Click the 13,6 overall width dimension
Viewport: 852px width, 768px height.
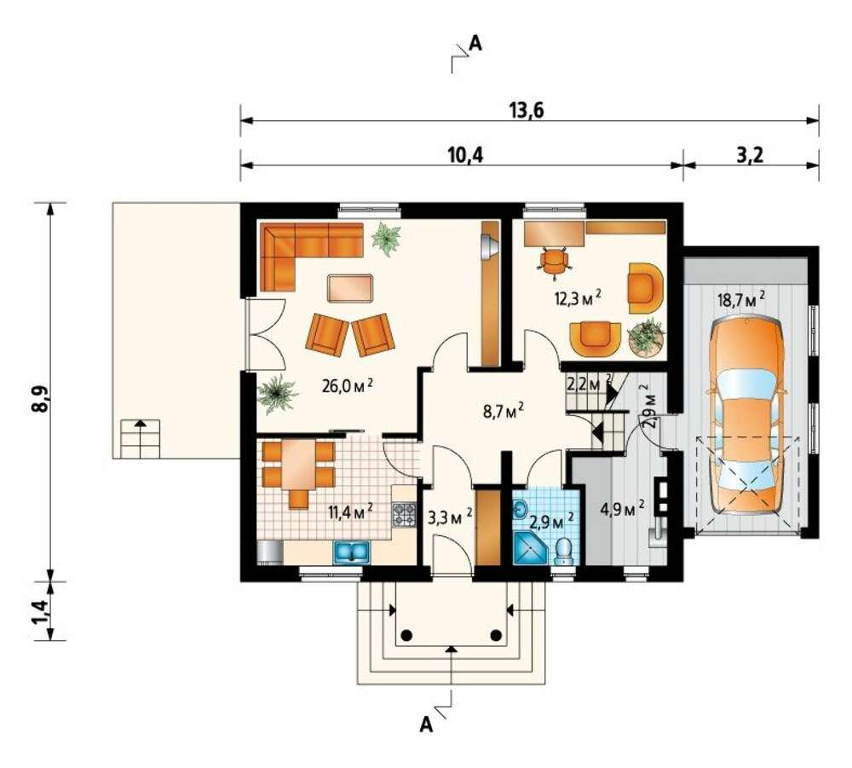pos(527,110)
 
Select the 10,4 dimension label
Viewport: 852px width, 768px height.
pos(465,155)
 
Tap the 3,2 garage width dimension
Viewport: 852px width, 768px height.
pos(750,155)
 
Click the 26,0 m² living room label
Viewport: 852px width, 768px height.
pos(348,386)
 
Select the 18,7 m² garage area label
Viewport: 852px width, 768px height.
pos(742,299)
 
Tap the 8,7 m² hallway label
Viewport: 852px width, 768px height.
pos(504,410)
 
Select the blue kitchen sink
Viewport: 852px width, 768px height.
pos(352,552)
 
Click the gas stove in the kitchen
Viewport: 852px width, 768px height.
pos(403,514)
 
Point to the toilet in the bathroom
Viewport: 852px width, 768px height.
pos(564,551)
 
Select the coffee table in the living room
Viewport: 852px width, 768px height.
pos(350,287)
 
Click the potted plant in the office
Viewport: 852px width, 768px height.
pos(647,338)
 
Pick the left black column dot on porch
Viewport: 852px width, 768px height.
pos(406,635)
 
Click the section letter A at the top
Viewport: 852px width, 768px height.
pos(475,43)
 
